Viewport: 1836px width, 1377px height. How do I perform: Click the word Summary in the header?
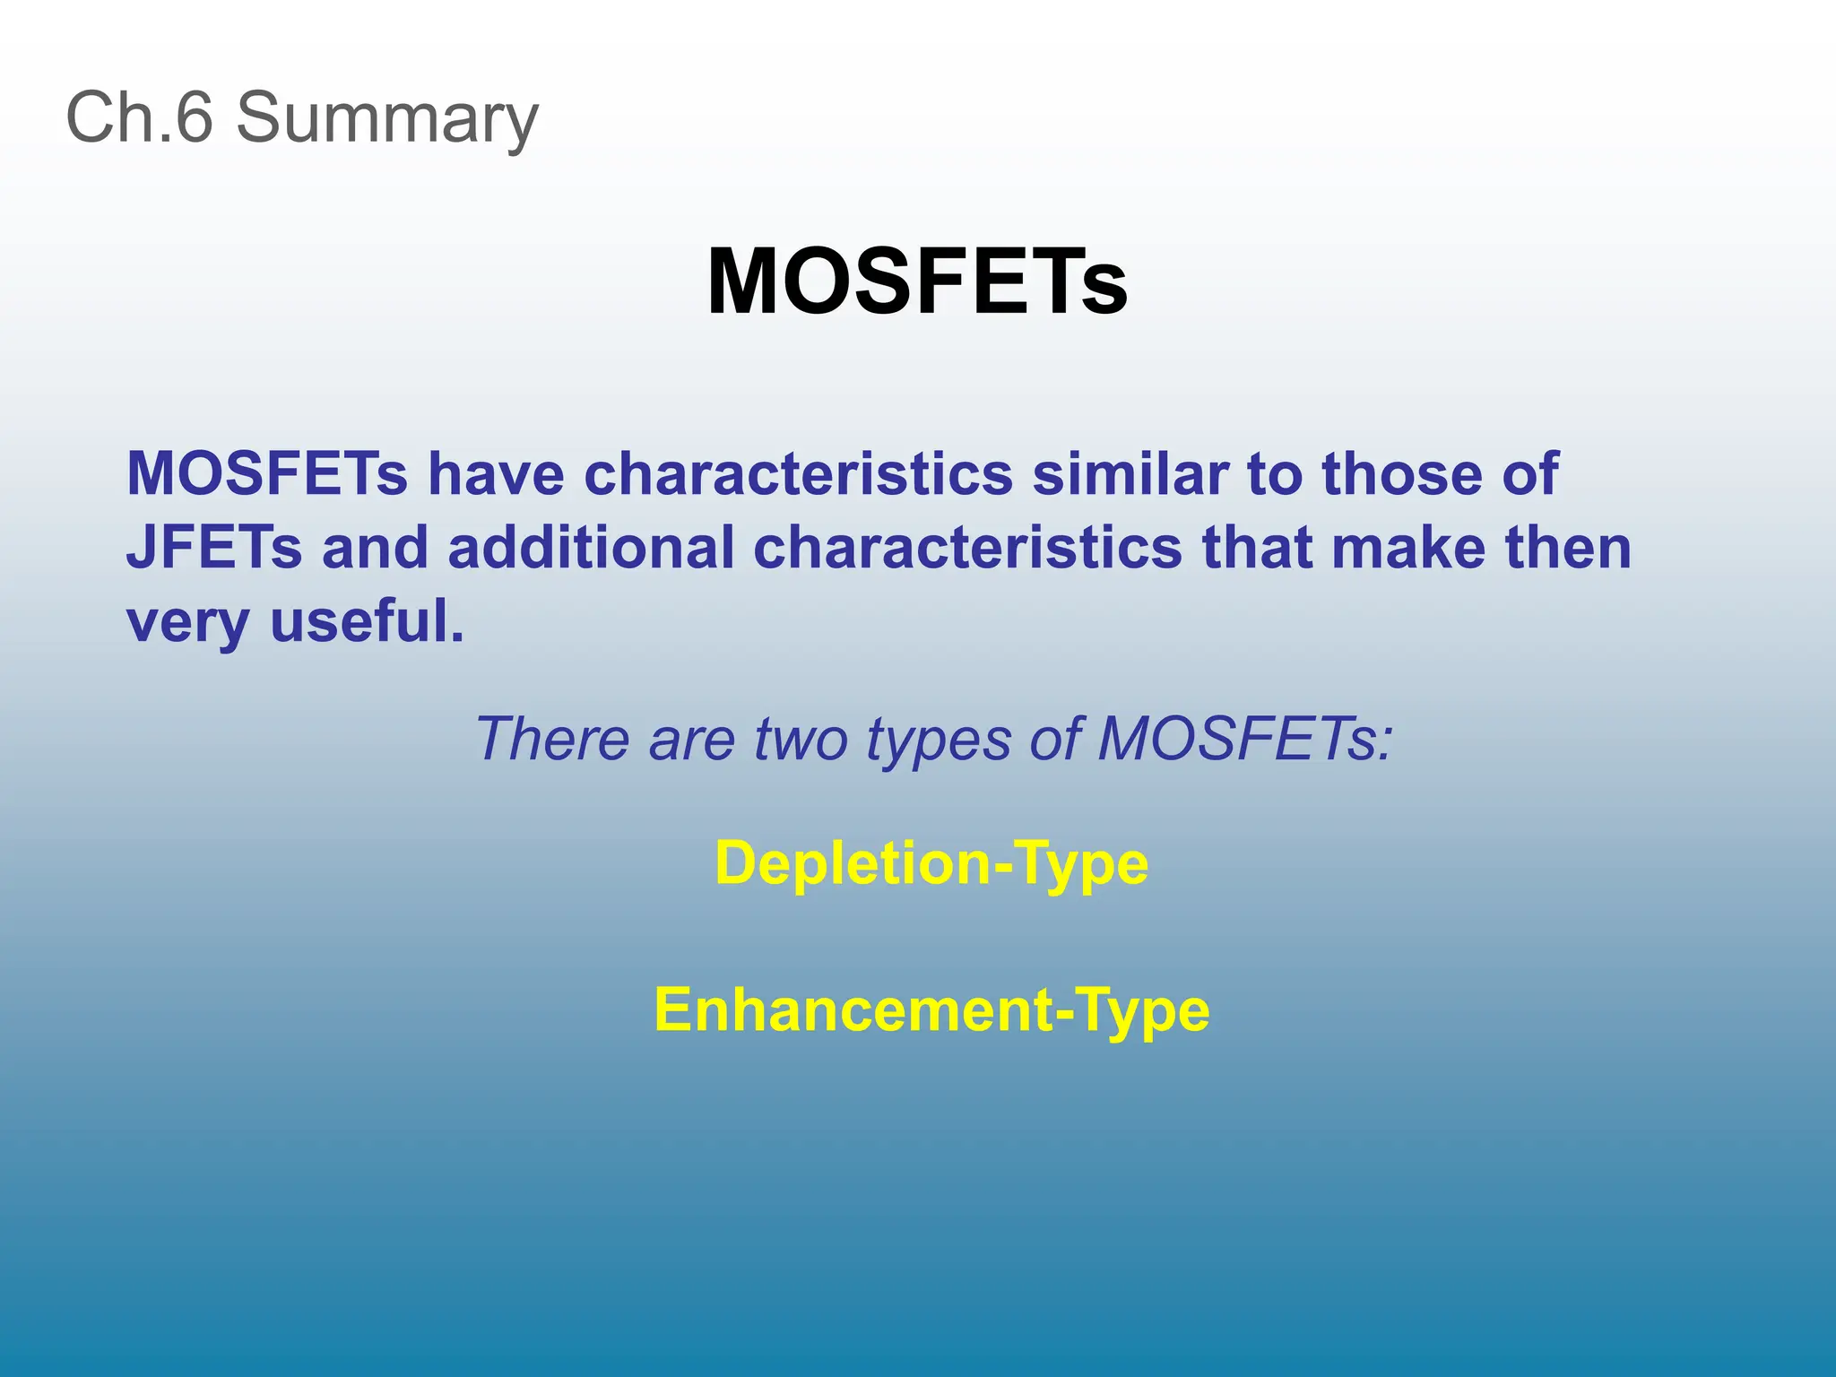387,118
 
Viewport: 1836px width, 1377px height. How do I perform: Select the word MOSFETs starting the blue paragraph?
267,473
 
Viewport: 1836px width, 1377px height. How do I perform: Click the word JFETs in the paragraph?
214,548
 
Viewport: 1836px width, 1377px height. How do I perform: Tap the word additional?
591,548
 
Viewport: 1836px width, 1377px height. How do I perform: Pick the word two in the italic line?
800,740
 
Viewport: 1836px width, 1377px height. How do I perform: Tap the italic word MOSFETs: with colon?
1246,740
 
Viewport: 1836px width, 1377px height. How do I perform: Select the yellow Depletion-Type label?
931,863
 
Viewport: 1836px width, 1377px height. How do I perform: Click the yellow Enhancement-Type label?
931,1010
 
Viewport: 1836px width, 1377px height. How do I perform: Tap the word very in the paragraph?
187,623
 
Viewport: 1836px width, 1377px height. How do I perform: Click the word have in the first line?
496,473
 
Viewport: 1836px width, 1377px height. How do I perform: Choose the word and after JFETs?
375,548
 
